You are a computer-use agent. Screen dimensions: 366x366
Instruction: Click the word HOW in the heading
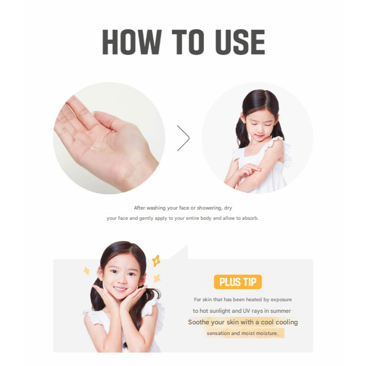click(x=132, y=42)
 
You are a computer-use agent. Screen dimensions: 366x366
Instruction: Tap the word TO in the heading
click(x=188, y=42)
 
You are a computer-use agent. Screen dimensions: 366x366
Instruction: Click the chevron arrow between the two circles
click(x=184, y=138)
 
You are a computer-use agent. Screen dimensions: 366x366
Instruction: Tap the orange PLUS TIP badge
click(x=238, y=282)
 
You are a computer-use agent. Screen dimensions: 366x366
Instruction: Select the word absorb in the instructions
click(x=250, y=218)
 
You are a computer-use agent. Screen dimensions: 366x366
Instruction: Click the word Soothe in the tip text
click(x=198, y=322)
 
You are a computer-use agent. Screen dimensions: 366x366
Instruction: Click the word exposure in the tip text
click(x=281, y=300)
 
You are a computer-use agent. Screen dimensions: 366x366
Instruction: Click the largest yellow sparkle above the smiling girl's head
click(x=156, y=261)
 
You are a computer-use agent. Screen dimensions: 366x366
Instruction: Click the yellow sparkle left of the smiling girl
click(x=87, y=271)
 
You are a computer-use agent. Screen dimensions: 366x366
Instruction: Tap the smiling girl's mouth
click(x=120, y=289)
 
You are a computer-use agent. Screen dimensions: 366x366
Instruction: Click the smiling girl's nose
click(x=120, y=280)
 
